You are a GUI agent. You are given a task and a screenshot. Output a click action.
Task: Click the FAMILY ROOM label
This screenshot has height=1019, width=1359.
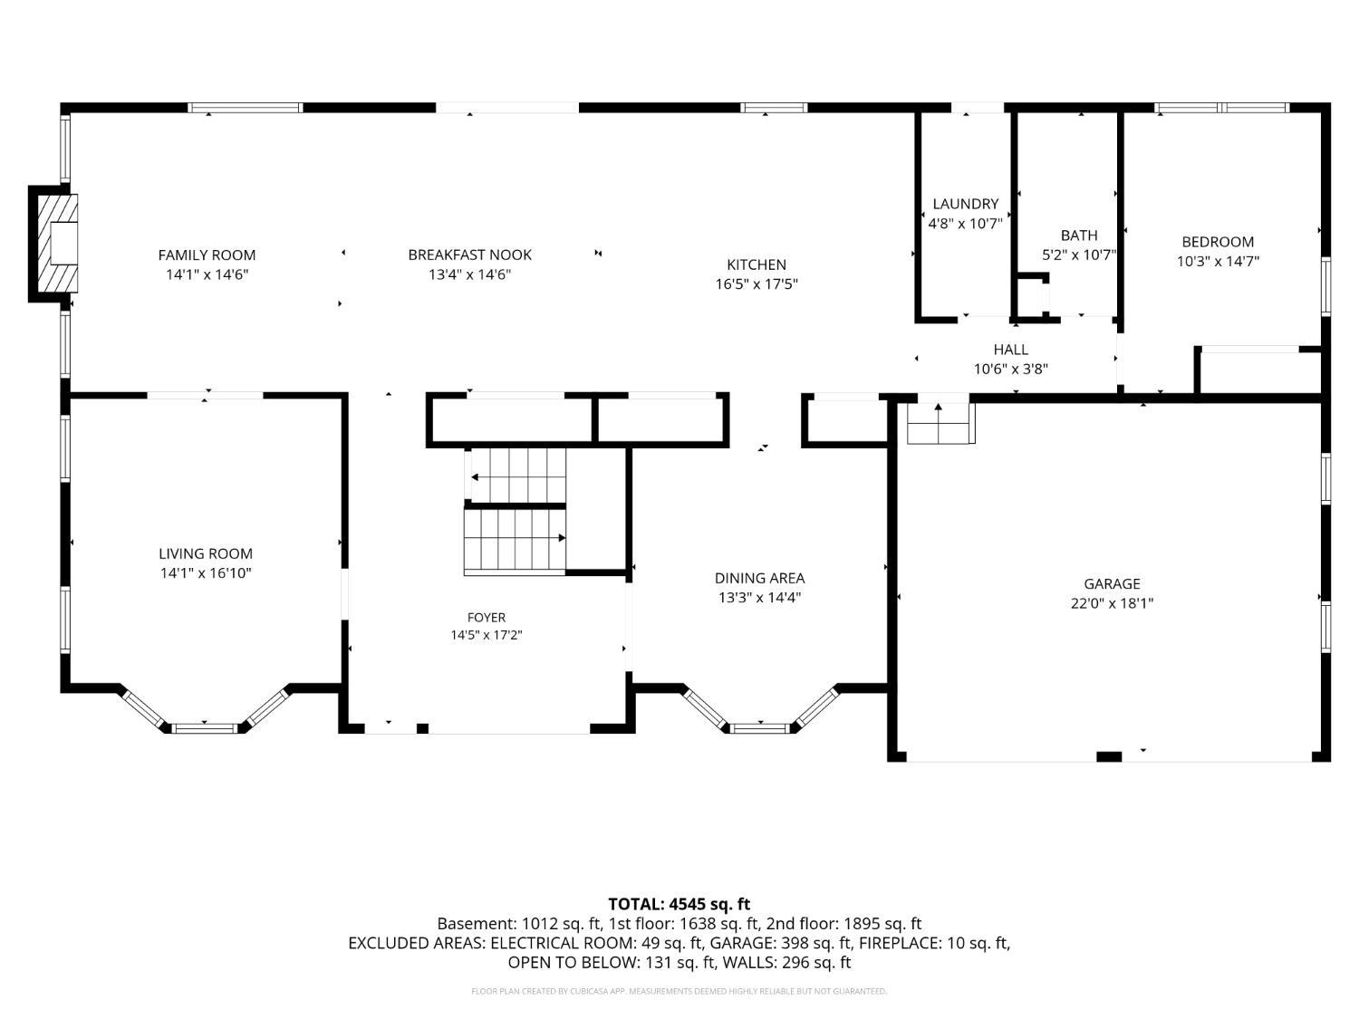[x=207, y=255]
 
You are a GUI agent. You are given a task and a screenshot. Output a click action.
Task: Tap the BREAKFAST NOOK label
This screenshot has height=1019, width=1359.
[x=470, y=255]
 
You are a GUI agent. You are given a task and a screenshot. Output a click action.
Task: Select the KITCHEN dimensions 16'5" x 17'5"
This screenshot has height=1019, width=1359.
[x=757, y=284]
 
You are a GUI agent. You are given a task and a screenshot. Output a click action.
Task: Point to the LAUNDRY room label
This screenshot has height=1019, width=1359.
[x=966, y=204]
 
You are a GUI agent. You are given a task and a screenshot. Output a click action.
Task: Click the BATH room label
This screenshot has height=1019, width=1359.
[x=1079, y=236]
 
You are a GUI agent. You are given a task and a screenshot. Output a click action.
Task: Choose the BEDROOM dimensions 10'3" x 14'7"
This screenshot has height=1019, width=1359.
[x=1218, y=261]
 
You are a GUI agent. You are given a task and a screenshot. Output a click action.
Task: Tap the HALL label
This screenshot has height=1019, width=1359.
[x=1011, y=350]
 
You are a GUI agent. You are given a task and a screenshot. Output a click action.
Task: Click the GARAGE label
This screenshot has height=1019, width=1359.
[x=1112, y=583]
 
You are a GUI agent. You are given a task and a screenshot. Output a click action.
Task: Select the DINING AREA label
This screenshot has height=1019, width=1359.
[x=759, y=578]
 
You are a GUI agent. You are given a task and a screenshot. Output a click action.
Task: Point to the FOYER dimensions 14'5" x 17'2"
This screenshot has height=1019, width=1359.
[x=487, y=635]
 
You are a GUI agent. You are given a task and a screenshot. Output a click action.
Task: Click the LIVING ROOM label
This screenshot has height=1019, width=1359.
[x=206, y=553]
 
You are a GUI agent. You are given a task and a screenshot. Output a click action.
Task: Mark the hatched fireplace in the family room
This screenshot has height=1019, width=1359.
[x=58, y=243]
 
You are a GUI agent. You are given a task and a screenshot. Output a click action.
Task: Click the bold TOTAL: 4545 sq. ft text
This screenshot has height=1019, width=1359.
[x=679, y=904]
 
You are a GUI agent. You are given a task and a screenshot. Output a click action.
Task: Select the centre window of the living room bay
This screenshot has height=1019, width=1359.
[x=205, y=729]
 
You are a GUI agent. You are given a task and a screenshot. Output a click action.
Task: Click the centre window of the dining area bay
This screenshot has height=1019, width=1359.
[x=760, y=728]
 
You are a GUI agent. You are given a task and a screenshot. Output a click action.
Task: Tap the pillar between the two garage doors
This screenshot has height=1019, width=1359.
[x=1109, y=756]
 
